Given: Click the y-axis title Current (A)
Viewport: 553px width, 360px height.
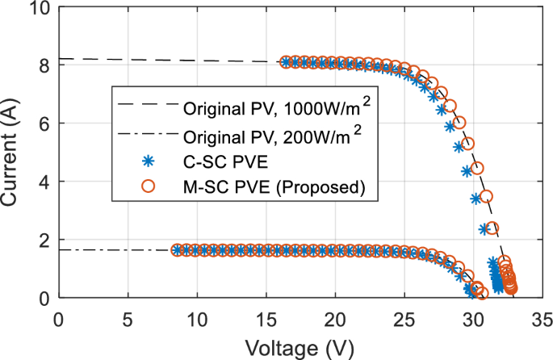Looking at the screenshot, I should point(13,153).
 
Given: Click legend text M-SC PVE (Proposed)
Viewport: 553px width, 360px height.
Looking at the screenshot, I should point(275,188).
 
